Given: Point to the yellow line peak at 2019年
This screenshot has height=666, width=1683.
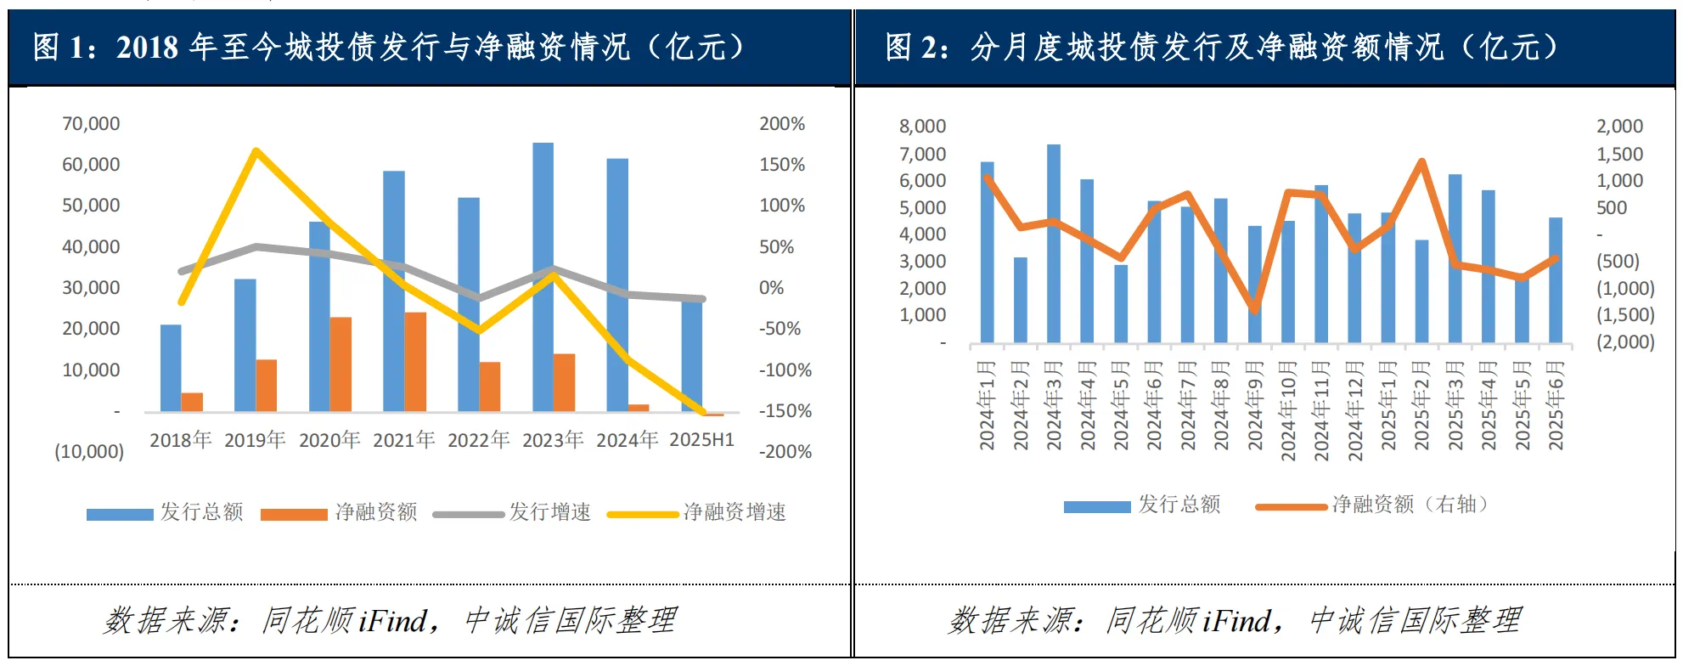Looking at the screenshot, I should point(256,151).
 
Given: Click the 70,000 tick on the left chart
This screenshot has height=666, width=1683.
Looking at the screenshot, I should point(91,124).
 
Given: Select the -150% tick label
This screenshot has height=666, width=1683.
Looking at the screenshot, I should point(785,411).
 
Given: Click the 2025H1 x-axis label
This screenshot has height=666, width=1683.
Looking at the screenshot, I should point(701,440).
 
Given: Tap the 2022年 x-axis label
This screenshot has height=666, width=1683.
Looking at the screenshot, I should point(478,440).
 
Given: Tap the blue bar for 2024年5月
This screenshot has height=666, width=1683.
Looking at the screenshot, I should point(1121,303).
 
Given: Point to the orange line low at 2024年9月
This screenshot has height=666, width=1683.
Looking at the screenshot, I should point(1254,310).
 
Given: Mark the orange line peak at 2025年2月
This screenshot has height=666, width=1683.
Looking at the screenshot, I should point(1421,161).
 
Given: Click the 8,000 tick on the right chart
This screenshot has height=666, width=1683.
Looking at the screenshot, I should point(922,127).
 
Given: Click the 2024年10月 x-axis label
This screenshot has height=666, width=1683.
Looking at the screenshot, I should point(1288,411).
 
